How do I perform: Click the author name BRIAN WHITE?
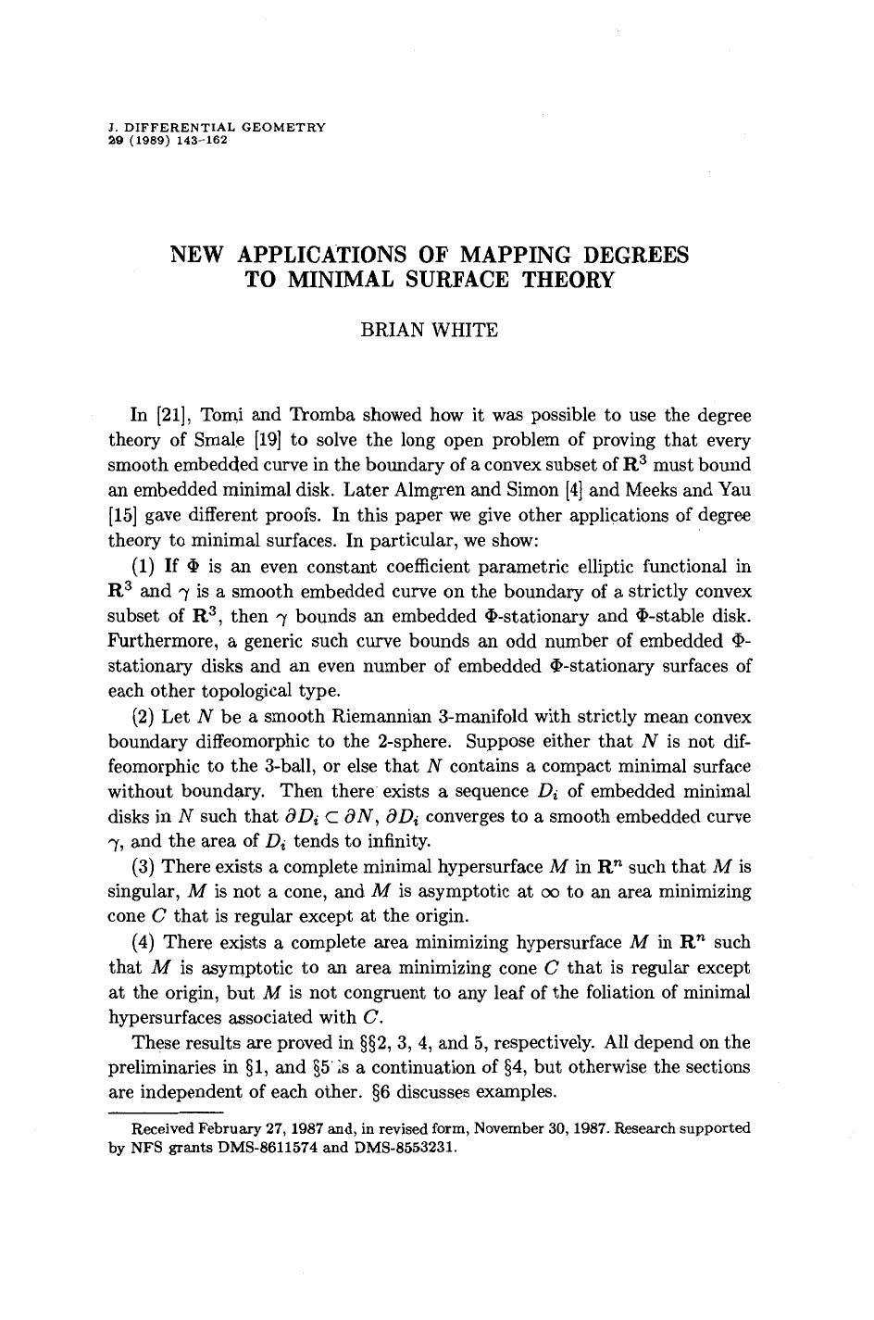pyautogui.click(x=429, y=330)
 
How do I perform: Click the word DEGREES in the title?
pyautogui.click(x=633, y=255)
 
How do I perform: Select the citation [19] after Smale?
pyautogui.click(x=261, y=440)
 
